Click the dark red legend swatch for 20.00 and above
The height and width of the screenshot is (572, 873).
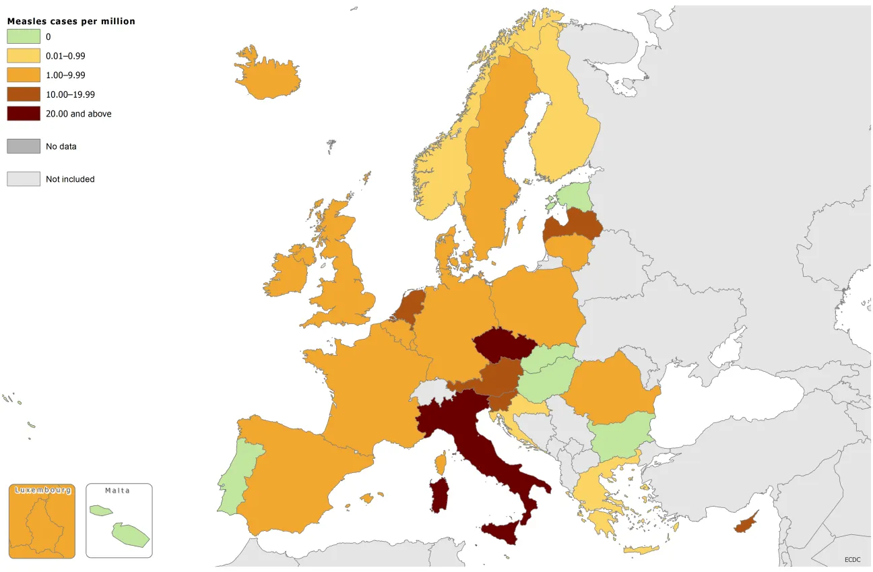point(24,113)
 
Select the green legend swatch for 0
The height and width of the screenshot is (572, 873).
point(24,37)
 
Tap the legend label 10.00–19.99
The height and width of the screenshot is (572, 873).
point(70,94)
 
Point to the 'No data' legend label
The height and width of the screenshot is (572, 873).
point(61,146)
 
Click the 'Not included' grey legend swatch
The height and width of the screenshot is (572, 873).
point(24,179)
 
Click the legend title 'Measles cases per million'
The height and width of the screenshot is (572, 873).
point(71,21)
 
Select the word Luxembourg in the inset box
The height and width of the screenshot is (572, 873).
point(42,490)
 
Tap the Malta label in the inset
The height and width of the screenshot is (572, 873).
point(117,490)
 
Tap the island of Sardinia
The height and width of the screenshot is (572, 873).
point(439,495)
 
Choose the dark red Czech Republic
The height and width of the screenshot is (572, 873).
point(503,345)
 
